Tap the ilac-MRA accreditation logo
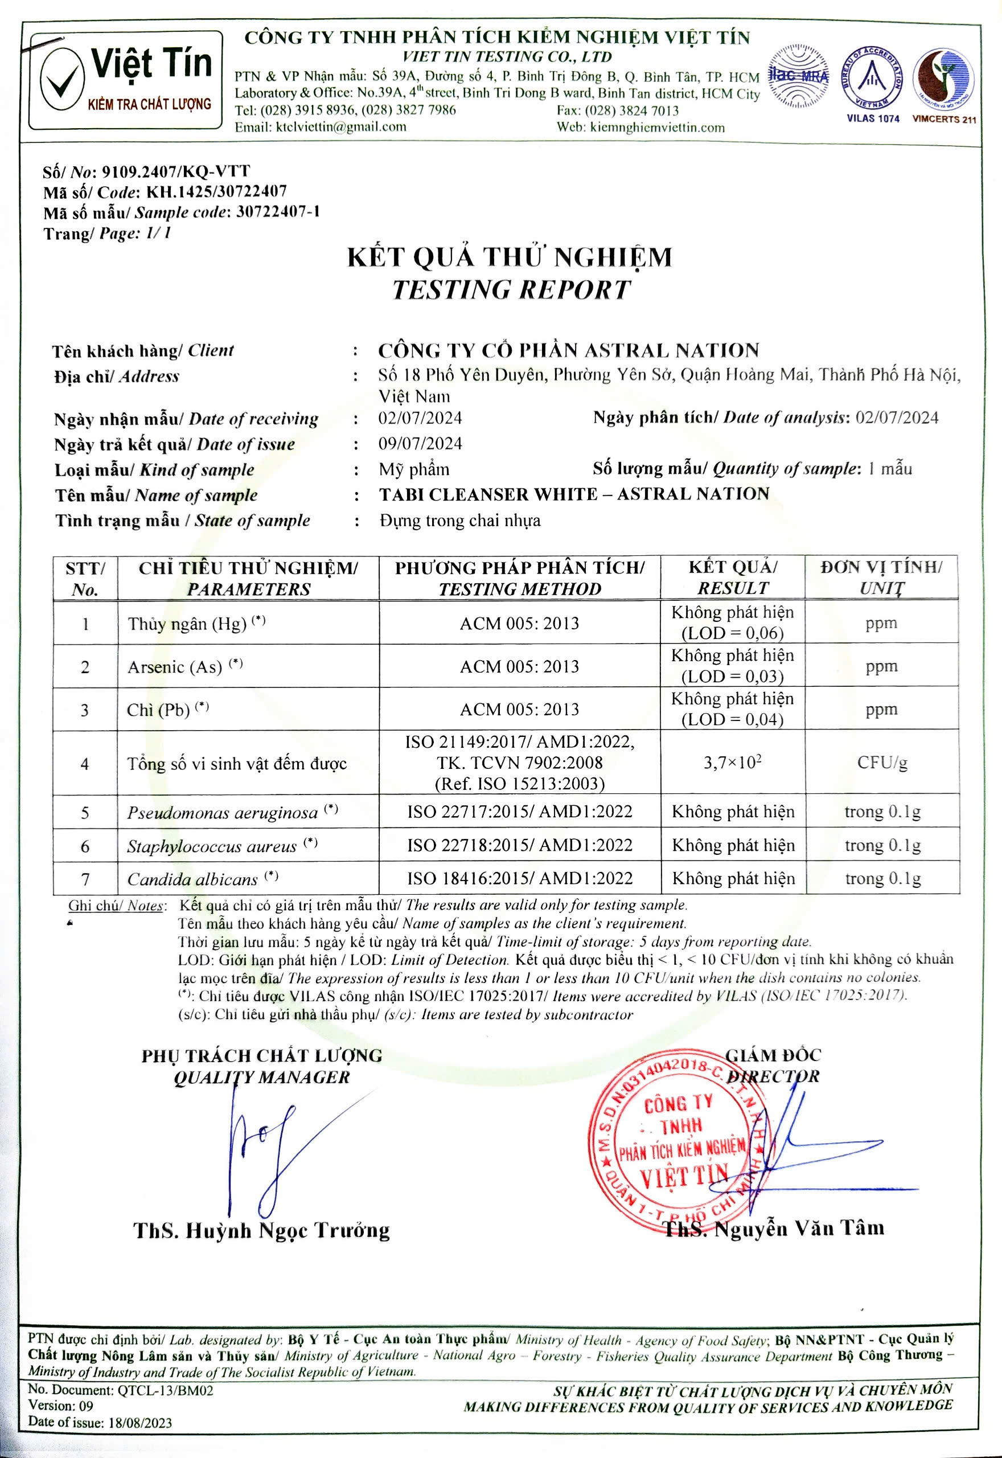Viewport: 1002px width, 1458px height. [798, 77]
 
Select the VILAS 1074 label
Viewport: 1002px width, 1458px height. [873, 118]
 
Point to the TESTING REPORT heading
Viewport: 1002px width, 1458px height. [511, 289]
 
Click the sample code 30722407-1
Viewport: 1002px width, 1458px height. [278, 212]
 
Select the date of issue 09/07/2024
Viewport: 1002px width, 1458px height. [420, 444]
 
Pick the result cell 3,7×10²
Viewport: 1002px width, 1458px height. [732, 763]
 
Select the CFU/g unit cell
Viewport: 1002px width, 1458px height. [882, 763]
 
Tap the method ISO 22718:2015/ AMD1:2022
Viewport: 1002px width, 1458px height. [519, 845]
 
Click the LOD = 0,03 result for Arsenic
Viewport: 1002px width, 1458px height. [732, 676]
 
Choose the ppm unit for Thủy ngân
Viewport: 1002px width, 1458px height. [881, 624]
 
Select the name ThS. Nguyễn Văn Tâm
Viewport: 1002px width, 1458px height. [774, 1228]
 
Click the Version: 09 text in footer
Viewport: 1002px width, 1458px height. [60, 1405]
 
